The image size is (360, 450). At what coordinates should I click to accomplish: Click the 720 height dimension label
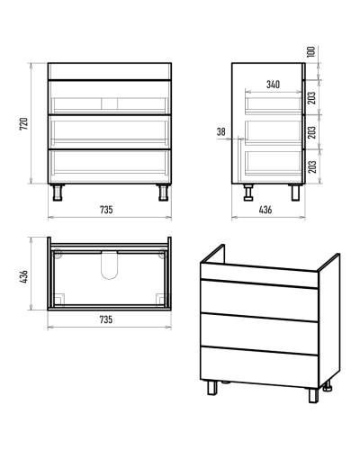[24, 123]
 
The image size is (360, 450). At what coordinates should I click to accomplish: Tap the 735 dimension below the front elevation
[106, 210]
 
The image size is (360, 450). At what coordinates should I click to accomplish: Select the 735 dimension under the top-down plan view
[106, 319]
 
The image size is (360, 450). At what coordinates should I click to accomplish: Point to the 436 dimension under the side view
[265, 210]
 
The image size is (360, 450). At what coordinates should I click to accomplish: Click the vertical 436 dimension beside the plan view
[24, 276]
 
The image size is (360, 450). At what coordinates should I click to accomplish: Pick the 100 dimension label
[311, 52]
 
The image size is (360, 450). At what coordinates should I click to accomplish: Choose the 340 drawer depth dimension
[273, 85]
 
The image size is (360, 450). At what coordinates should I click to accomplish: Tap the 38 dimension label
[221, 131]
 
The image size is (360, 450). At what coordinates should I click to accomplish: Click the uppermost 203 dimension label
[312, 98]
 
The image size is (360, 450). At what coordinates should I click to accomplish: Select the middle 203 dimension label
[312, 132]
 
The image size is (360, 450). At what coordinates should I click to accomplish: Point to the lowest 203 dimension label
[312, 166]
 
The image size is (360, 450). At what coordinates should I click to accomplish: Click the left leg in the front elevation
[58, 193]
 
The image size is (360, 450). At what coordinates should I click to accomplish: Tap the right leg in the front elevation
[163, 193]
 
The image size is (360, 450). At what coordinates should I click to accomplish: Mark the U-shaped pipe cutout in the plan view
[110, 265]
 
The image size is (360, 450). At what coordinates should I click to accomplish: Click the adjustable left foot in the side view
[248, 193]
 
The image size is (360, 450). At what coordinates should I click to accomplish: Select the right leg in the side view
[295, 193]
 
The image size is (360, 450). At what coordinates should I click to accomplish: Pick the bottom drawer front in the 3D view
[259, 367]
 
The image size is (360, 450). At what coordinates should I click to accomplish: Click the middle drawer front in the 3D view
[259, 333]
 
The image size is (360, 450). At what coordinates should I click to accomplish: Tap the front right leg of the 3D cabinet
[313, 395]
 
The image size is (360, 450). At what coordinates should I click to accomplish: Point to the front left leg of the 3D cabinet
[212, 388]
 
